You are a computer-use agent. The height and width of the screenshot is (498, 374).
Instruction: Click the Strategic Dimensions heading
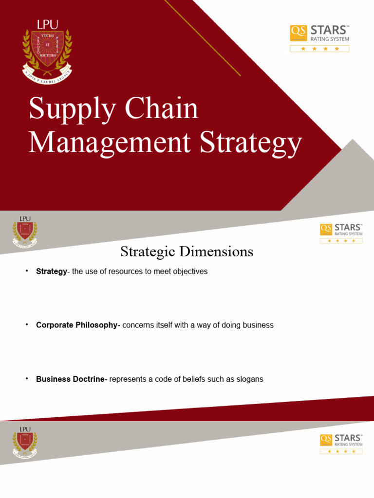click(x=187, y=252)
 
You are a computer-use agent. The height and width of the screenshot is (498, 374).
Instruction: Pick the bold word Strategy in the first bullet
click(x=51, y=271)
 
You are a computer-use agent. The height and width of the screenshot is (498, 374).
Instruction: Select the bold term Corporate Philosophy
click(x=78, y=325)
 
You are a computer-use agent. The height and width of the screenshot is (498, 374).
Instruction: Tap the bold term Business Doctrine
click(x=72, y=379)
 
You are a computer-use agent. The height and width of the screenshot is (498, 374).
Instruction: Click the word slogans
click(x=249, y=379)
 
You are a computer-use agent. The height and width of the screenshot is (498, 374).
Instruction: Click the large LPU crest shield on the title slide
click(x=47, y=49)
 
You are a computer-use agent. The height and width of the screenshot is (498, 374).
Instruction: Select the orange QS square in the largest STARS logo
click(x=297, y=33)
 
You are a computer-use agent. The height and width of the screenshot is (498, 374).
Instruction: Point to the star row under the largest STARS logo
click(x=319, y=49)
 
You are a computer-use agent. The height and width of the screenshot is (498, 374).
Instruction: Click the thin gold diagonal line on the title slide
click(x=202, y=37)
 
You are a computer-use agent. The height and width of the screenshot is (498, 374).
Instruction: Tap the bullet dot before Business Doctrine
click(x=27, y=378)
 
